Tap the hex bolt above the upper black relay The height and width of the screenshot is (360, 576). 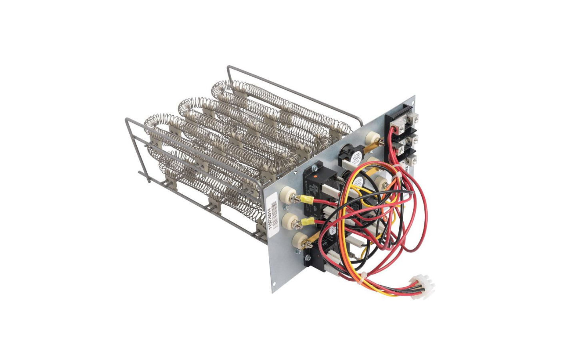[314, 164]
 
